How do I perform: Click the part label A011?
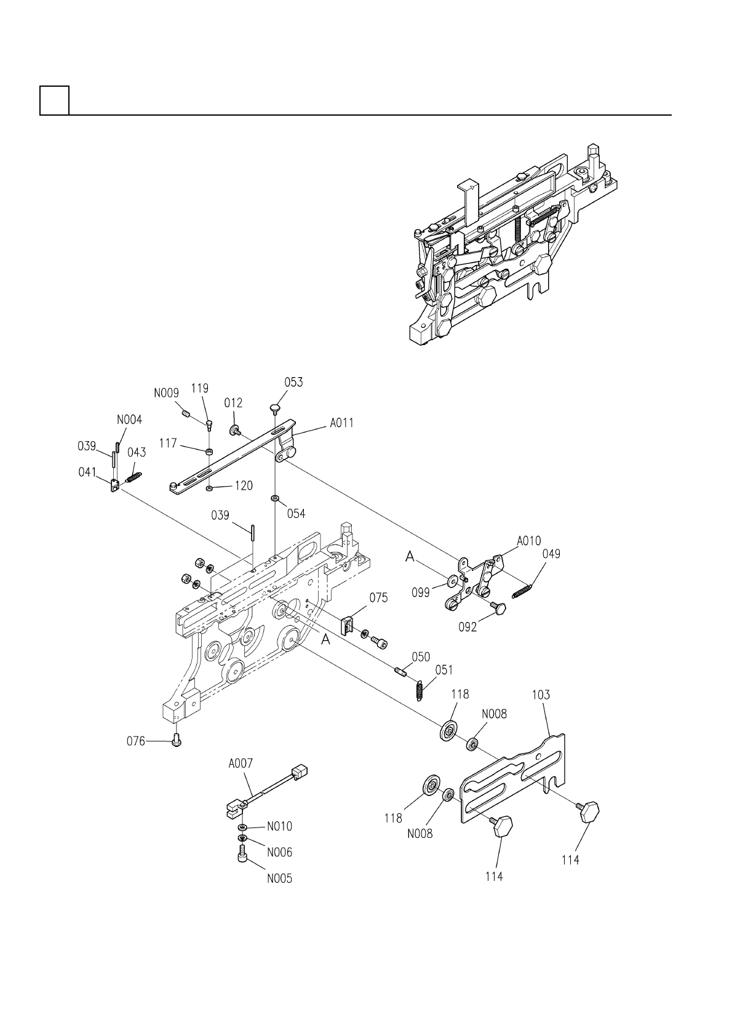(341, 423)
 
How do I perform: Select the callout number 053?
(293, 382)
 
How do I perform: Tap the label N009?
(167, 393)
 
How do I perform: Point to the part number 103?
(541, 695)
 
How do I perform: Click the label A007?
(241, 763)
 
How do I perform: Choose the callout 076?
(136, 741)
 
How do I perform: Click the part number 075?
(378, 597)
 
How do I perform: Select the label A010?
(528, 541)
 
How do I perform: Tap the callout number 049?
(551, 554)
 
